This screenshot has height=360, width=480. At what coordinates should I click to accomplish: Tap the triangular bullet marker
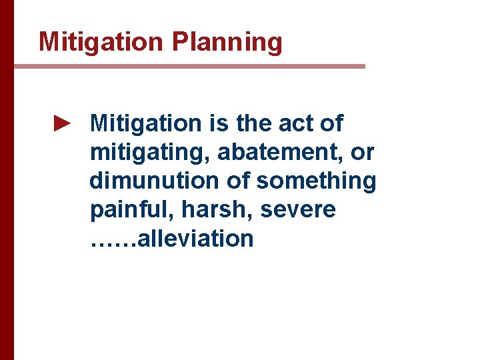(61, 123)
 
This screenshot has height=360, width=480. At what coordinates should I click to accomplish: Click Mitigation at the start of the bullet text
(145, 123)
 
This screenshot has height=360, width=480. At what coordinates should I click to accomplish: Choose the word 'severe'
(298, 210)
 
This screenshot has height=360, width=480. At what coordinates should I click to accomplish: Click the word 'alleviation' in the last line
(195, 239)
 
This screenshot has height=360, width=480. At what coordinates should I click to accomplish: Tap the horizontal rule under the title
(189, 66)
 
